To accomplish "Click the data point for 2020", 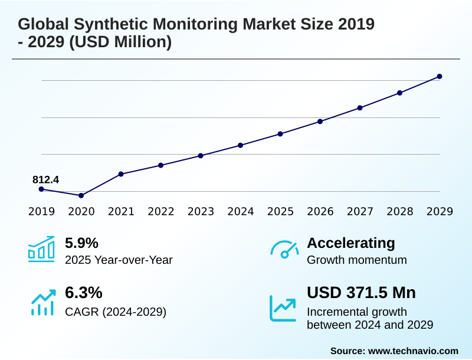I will [81, 195].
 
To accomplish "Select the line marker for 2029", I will [440, 77].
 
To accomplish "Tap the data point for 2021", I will [121, 174].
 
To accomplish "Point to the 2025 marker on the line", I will [280, 134].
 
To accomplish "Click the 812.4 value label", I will [45, 179].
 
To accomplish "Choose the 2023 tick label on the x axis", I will [201, 211].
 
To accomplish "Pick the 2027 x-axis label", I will [360, 211].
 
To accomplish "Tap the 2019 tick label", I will [41, 211].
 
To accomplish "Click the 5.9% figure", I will [81, 243].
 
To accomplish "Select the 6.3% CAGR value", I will [81, 293].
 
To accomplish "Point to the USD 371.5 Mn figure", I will [361, 293].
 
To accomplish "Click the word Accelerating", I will [351, 243].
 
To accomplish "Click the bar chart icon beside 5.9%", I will [41, 250].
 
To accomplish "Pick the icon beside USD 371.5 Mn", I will [283, 307].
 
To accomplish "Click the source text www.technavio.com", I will [413, 351].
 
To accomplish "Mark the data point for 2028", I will [399, 93].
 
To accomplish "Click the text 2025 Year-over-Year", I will [119, 260].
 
